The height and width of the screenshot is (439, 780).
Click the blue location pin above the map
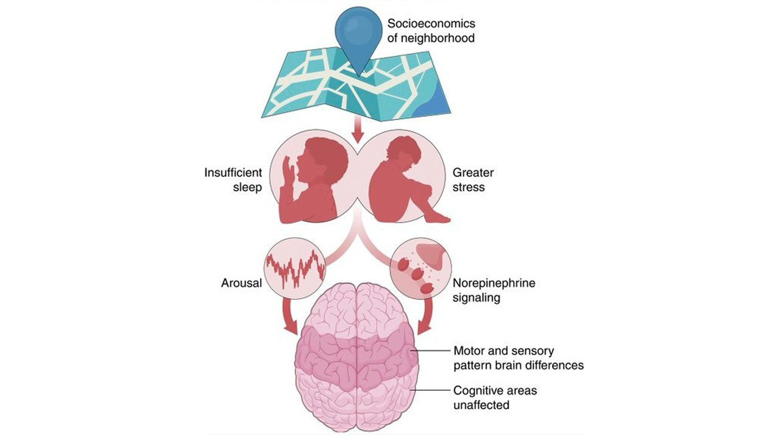tap(359, 35)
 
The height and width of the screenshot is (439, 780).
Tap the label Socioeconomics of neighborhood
tap(431, 30)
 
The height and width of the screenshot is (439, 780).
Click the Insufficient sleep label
tap(233, 180)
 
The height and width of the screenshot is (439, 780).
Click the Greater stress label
tap(473, 180)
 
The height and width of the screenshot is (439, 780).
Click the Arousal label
tap(241, 283)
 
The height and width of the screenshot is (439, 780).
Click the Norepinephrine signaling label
tap(494, 290)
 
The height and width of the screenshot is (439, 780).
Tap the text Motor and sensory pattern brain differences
tap(518, 358)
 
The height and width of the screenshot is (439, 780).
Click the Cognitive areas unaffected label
tap(495, 398)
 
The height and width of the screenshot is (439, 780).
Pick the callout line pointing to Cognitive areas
tap(431, 391)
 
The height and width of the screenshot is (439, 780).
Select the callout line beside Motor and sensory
tap(431, 351)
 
